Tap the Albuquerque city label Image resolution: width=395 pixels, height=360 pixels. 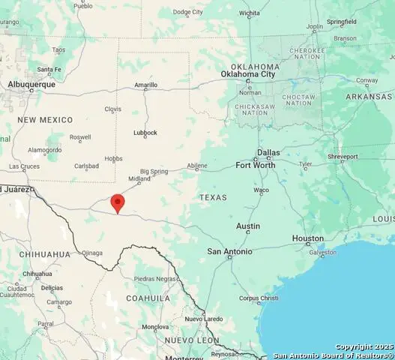(x=32, y=85)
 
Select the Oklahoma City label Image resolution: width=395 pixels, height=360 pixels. (x=248, y=74)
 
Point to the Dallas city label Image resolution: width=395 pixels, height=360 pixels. (x=268, y=152)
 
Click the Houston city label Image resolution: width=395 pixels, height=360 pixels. (x=307, y=238)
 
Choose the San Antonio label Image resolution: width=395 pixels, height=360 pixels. (x=229, y=252)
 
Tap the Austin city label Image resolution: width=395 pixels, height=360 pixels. (x=248, y=226)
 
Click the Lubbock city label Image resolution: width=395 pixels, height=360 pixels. (x=145, y=133)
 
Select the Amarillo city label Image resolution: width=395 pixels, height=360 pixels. (x=145, y=85)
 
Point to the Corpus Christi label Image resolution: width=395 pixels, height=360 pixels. (x=259, y=298)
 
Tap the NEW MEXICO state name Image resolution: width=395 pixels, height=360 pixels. (x=46, y=120)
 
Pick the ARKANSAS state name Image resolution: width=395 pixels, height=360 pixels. (x=369, y=97)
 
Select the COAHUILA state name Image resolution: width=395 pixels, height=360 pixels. (x=148, y=298)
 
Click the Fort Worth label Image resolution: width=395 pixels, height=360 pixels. (x=256, y=165)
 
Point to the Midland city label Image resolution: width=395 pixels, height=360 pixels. (x=139, y=179)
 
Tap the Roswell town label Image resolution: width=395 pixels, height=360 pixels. (x=80, y=137)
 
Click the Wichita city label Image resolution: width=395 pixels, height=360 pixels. (x=250, y=13)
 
